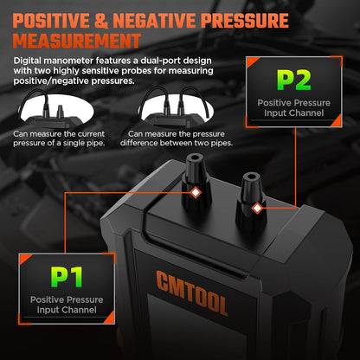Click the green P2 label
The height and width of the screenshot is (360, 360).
coord(294,80)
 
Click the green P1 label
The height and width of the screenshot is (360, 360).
coord(67,277)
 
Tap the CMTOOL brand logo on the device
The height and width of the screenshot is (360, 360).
coord(192,292)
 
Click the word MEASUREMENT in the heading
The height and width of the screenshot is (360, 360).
coord(77,41)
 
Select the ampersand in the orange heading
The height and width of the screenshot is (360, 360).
coord(101,21)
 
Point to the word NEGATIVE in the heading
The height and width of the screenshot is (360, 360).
coord(155,21)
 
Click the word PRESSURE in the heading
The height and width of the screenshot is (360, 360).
coord(245,21)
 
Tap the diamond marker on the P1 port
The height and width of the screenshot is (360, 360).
coord(196,192)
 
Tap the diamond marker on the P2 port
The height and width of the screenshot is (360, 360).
coord(256,208)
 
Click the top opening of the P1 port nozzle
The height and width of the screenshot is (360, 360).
coord(194,158)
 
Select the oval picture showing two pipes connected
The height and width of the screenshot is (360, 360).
coord(177,108)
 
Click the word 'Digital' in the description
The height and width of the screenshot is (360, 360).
coord(29,61)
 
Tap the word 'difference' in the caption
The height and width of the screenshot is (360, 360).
coord(138,143)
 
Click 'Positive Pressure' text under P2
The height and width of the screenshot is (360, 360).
coord(294,103)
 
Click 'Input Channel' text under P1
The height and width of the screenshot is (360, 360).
coord(67,310)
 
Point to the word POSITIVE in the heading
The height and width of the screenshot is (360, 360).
coord(51,21)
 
